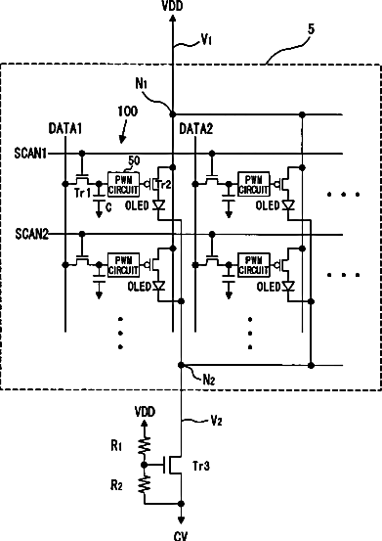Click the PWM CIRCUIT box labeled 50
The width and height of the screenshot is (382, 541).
(x=123, y=185)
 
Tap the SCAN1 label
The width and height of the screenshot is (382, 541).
(x=30, y=154)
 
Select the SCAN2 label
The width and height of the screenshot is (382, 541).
(x=31, y=234)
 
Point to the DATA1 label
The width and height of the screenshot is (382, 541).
(x=65, y=129)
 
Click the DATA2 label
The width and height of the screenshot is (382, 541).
(x=196, y=129)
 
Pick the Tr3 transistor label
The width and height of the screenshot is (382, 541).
(x=201, y=466)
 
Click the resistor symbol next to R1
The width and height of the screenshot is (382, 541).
(x=145, y=446)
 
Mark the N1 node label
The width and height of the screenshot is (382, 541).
(x=142, y=83)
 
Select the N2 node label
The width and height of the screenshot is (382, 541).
(x=209, y=380)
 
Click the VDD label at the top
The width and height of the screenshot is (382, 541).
(x=173, y=6)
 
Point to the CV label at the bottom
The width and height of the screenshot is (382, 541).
(x=181, y=536)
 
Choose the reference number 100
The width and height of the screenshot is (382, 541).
(x=127, y=112)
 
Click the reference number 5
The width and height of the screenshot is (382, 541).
(x=311, y=29)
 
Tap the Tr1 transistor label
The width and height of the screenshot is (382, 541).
(x=83, y=193)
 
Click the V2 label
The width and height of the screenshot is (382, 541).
(x=216, y=421)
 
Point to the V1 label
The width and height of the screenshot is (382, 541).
(x=206, y=40)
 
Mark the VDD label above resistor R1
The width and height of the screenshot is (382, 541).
(x=145, y=411)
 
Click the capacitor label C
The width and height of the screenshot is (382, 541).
(x=108, y=207)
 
